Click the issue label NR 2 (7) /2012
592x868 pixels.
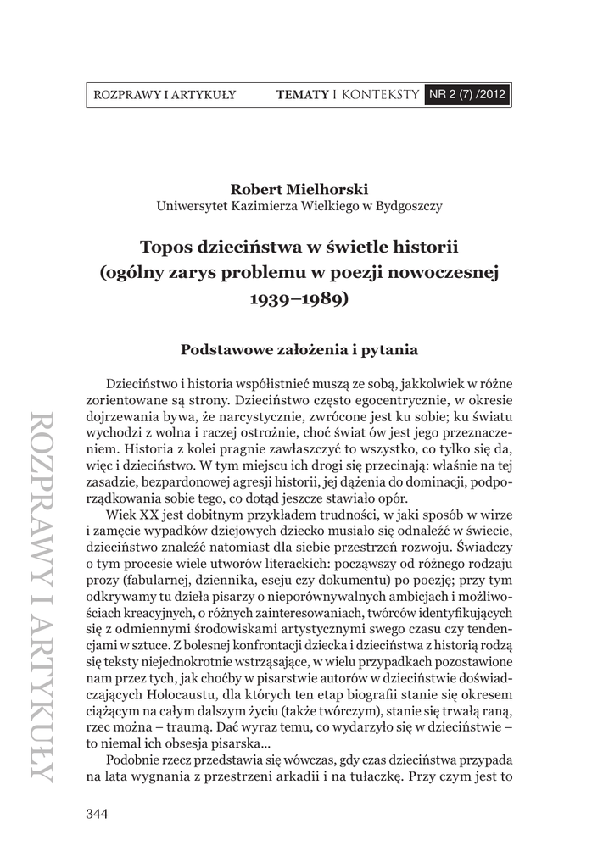tap(468, 94)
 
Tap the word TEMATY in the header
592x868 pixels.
tap(302, 94)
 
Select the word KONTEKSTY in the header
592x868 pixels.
tap(381, 94)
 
